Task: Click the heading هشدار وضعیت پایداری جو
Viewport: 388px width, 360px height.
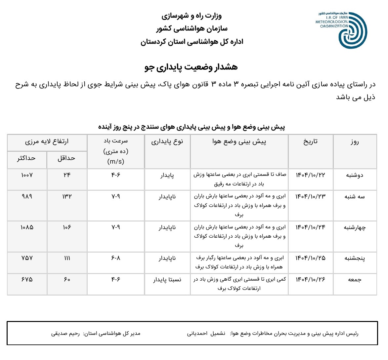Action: coord(191,67)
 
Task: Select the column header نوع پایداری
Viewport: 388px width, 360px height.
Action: coord(167,142)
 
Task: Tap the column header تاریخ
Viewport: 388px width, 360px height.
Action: coord(310,142)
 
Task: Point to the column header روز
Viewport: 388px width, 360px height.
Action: coord(355,142)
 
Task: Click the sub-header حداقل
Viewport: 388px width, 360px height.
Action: coord(66,158)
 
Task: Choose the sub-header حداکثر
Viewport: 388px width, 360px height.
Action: coord(26,158)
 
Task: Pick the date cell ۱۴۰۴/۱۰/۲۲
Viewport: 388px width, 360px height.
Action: coord(310,175)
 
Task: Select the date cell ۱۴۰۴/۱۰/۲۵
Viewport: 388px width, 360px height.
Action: coord(310,258)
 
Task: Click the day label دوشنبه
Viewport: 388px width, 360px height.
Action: coord(355,175)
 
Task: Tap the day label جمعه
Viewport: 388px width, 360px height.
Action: coord(355,280)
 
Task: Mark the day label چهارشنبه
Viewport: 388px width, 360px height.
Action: coord(355,227)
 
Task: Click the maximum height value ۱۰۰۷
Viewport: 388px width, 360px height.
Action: coord(27,175)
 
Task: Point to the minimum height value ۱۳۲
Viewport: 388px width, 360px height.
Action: coord(67,197)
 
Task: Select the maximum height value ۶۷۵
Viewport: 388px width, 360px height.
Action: coord(27,280)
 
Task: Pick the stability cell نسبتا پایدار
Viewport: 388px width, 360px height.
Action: coord(167,280)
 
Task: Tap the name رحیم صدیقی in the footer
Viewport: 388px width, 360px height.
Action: coord(65,334)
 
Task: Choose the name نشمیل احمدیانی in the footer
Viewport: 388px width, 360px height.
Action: coord(206,334)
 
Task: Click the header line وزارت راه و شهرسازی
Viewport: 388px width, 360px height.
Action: coord(192,16)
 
